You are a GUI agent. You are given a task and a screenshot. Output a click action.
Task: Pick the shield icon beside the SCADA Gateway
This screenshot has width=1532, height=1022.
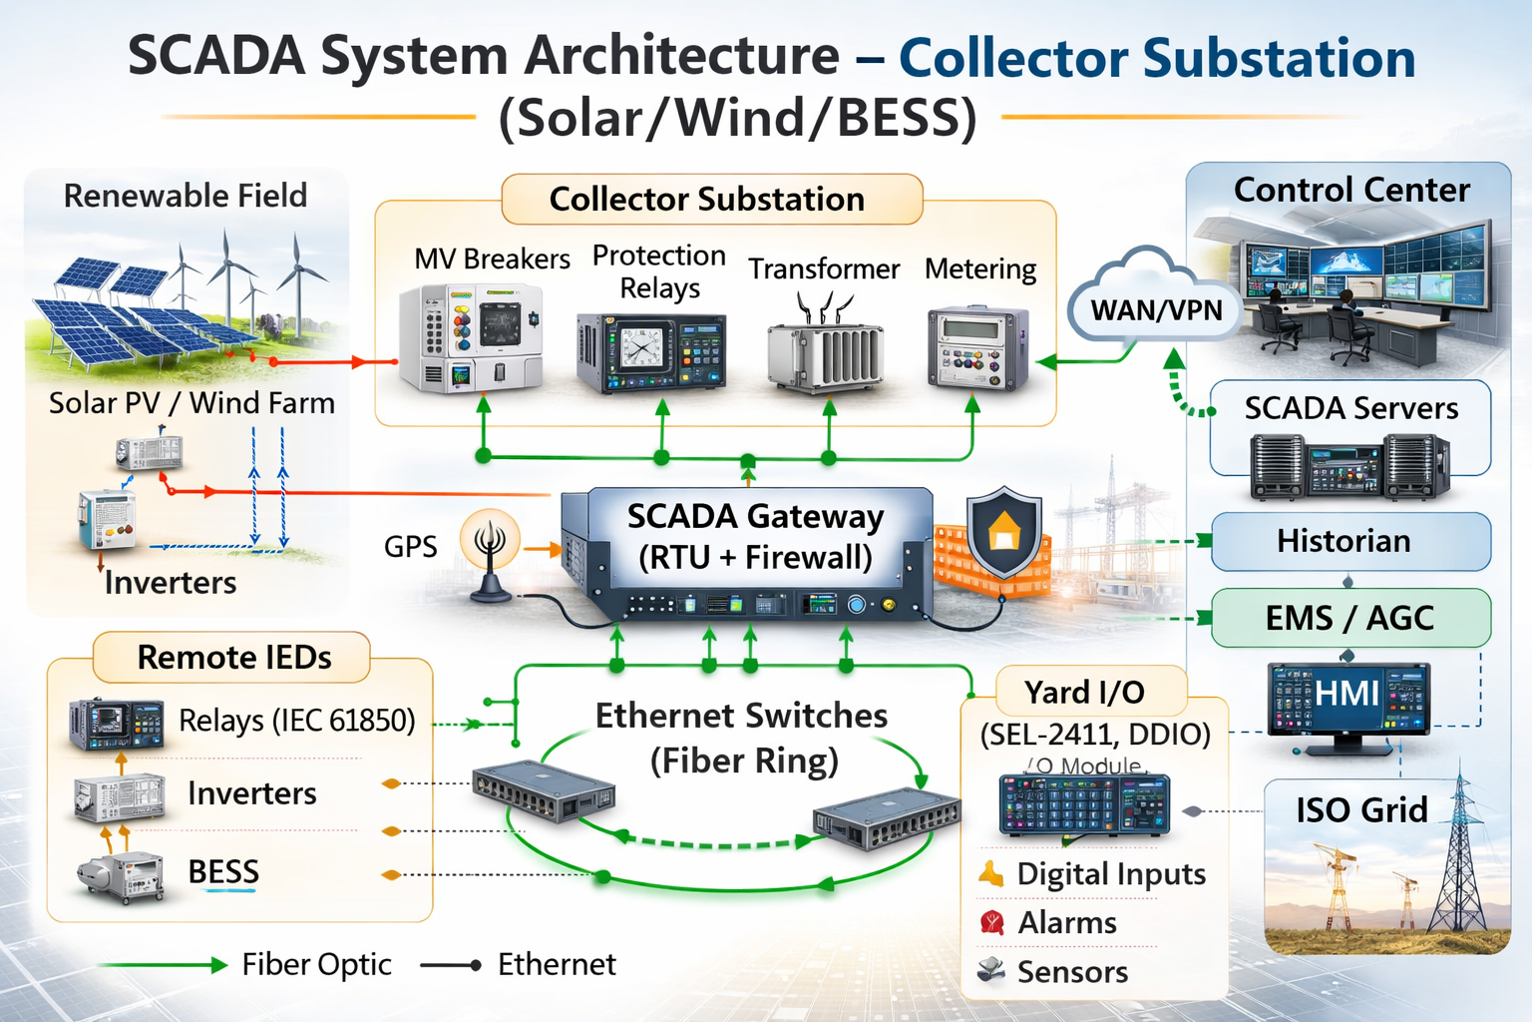click(1003, 533)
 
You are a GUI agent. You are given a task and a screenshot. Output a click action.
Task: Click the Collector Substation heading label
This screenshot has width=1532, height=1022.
click(707, 199)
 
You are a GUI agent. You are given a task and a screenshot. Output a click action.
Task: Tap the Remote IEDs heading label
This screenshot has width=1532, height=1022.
click(233, 657)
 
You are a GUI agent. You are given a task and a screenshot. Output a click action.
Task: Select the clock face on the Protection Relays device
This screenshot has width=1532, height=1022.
click(640, 347)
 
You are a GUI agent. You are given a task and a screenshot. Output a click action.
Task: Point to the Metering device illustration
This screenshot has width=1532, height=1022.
click(976, 349)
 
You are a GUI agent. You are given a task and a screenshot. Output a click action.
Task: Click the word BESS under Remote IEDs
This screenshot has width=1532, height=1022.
click(223, 871)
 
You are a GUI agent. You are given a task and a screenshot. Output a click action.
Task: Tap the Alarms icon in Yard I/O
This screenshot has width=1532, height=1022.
click(991, 922)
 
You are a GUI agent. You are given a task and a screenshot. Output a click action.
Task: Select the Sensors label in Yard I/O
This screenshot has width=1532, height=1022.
click(1072, 971)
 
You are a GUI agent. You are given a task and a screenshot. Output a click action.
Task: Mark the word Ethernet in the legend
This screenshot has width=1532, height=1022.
click(557, 964)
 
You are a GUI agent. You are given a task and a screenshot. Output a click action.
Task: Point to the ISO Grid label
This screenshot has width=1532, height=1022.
click(1361, 809)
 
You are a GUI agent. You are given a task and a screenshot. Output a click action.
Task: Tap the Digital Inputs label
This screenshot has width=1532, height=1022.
click(1110, 874)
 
